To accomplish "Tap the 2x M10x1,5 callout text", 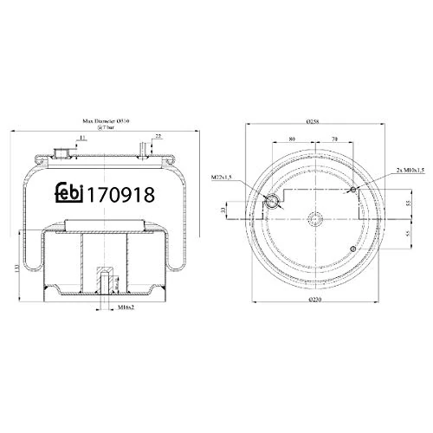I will tap(405, 171).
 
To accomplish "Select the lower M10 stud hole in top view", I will tap(352, 249).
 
